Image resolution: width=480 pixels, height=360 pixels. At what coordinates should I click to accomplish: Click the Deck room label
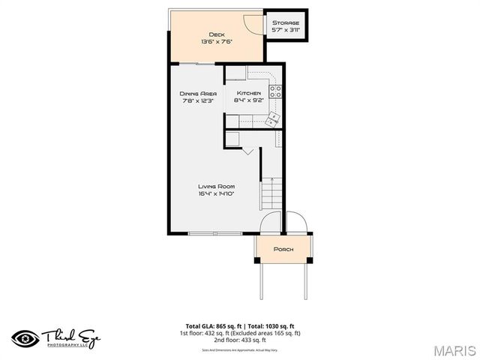(217, 34)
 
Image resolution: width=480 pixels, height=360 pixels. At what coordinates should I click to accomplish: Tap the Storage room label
(286, 23)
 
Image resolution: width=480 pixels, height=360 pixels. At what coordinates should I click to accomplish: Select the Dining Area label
(197, 93)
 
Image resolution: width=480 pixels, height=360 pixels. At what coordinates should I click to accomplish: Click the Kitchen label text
(248, 93)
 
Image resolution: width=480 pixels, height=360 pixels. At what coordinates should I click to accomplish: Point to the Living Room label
(217, 186)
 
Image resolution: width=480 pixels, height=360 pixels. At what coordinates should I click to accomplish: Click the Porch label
(283, 249)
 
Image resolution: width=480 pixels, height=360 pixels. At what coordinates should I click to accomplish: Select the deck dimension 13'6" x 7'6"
(217, 42)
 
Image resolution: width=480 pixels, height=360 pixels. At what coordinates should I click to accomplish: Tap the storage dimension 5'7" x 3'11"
(286, 31)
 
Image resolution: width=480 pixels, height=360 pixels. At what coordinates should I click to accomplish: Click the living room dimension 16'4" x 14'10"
(217, 193)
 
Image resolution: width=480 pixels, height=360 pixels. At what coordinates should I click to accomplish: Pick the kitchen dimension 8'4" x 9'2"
(248, 100)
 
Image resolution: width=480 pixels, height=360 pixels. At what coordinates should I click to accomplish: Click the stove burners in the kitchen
(275, 93)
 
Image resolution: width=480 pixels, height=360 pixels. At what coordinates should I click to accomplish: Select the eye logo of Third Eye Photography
(24, 337)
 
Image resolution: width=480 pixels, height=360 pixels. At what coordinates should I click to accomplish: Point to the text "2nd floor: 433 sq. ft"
(239, 339)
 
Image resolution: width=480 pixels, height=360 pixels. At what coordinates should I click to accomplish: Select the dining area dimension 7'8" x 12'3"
(197, 100)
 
